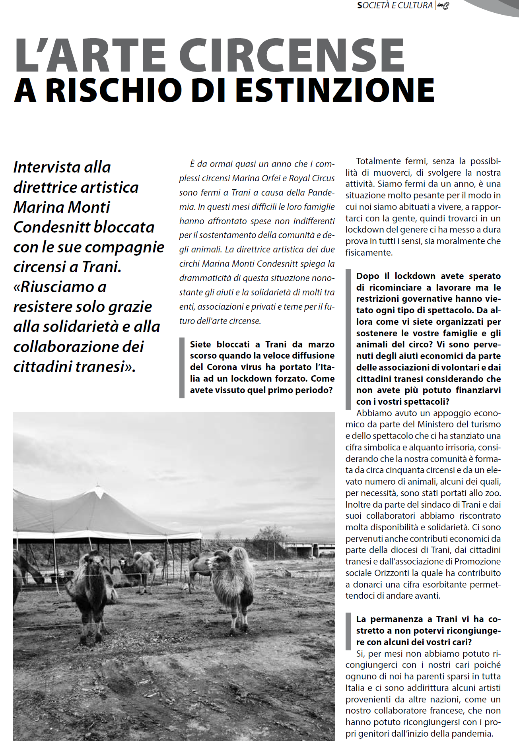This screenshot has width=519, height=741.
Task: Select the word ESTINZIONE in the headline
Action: [x=335, y=90]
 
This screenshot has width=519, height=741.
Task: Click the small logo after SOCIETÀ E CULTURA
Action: [x=443, y=6]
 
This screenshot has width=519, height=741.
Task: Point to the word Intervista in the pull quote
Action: [x=62, y=167]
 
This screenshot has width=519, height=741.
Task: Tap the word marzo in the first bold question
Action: [x=321, y=344]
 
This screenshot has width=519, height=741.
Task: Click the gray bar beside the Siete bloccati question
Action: [x=182, y=367]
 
